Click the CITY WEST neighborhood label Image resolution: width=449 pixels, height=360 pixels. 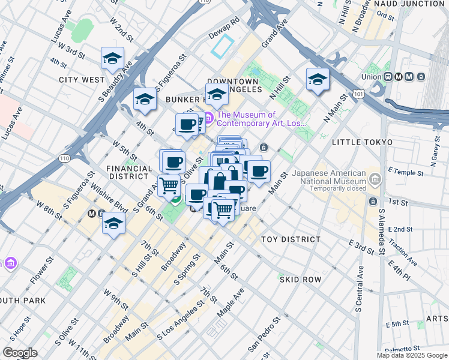point(82,79)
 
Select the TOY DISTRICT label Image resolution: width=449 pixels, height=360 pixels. point(291,239)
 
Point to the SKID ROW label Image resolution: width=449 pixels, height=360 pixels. point(300,280)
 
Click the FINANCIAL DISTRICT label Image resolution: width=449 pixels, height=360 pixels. point(127,173)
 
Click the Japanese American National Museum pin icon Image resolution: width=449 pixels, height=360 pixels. point(376,178)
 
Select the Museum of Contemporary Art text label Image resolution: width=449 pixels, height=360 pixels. point(262,119)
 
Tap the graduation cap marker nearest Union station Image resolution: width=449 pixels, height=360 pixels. point(318,79)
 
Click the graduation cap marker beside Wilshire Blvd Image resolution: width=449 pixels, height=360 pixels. point(113,224)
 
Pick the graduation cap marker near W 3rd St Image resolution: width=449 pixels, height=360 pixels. point(112,58)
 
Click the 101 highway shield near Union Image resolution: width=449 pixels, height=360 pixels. point(358,94)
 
